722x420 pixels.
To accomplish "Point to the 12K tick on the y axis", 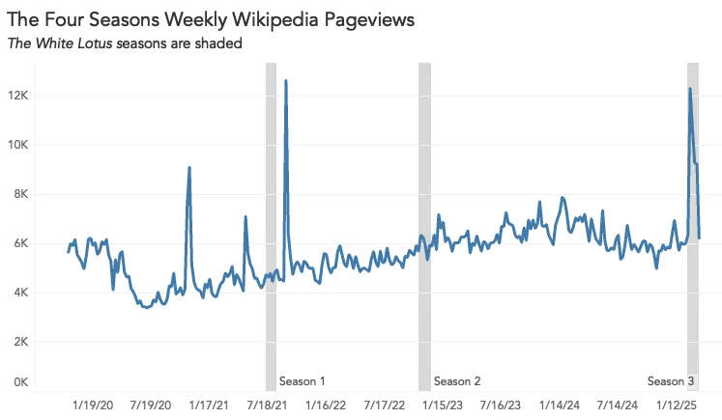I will (18, 96).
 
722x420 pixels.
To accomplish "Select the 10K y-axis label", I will (18, 145).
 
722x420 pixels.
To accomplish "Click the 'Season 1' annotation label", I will (302, 381).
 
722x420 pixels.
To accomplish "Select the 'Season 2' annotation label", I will (457, 381).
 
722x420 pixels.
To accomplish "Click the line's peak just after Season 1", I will (285, 82).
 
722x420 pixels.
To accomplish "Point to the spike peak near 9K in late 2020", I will (188, 168).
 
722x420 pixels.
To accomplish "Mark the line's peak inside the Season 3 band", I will (689, 89).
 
